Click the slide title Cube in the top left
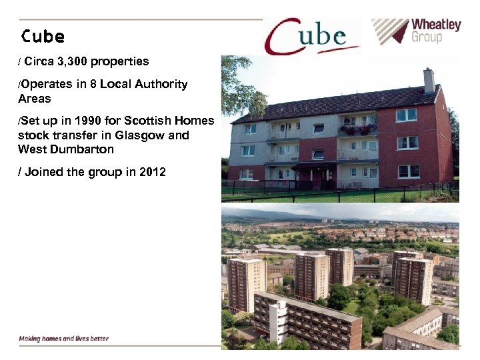coord(42,35)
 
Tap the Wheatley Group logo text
coord(435,31)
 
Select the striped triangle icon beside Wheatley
coord(389,31)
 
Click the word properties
coord(119,61)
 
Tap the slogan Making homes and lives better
coord(63,338)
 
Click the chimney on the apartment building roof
coord(428,81)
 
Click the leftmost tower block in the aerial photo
coord(246,284)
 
